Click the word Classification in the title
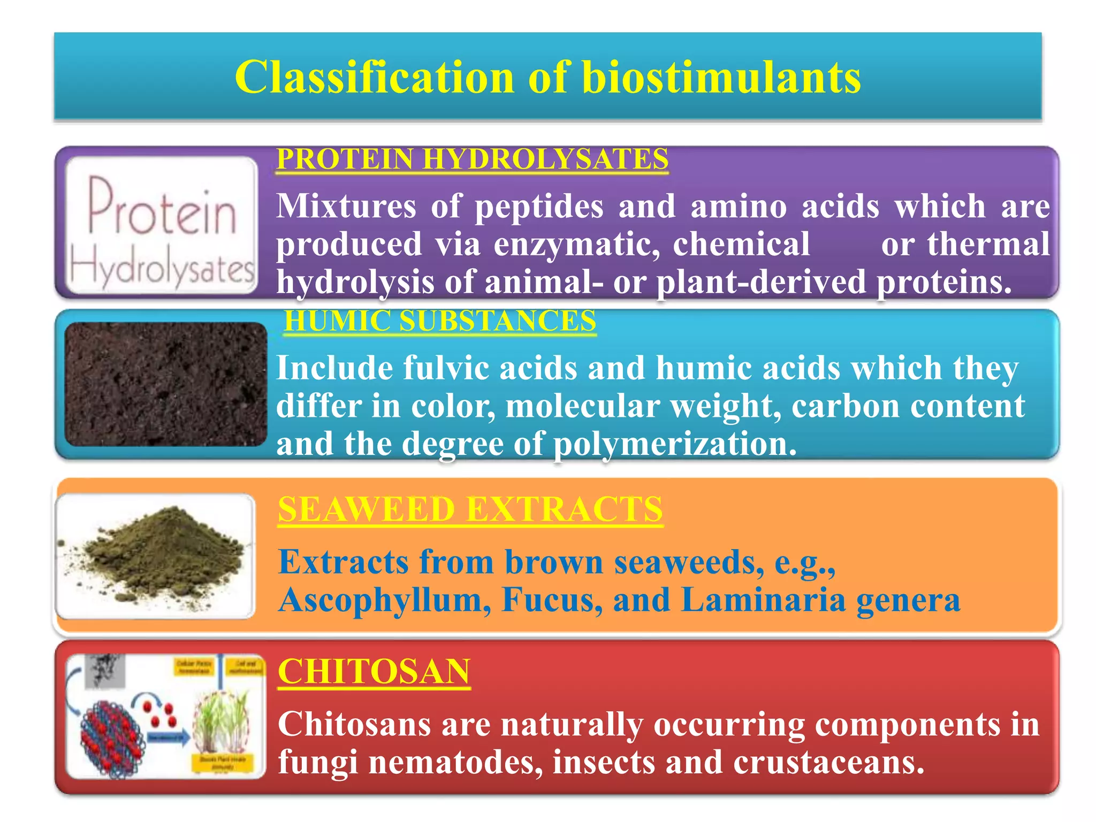point(375,78)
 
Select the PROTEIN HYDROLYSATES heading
point(472,159)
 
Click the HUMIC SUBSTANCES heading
point(439,321)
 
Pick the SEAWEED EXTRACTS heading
point(470,509)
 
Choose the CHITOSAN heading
point(374,671)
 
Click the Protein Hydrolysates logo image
point(161,225)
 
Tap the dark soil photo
point(165,384)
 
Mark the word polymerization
point(674,444)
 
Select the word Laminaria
point(763,600)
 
